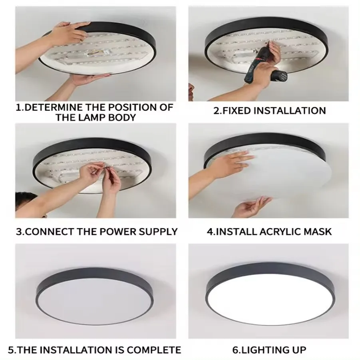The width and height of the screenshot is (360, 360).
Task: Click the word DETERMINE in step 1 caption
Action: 52,107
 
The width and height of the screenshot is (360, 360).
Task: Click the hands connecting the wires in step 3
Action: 100,176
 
